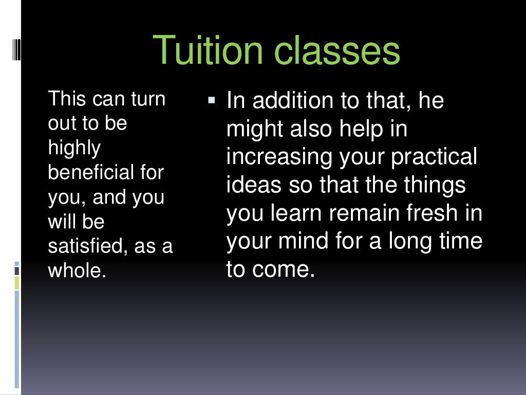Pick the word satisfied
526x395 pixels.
point(87,246)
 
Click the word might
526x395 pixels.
point(254,129)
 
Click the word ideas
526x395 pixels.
point(253,185)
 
